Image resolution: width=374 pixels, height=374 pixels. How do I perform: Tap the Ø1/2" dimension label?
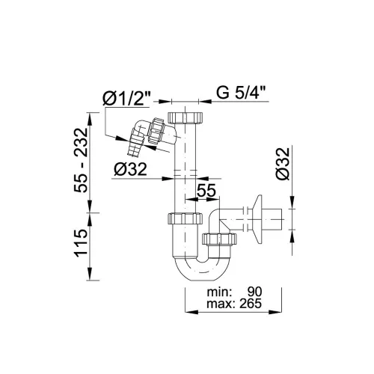click(126, 98)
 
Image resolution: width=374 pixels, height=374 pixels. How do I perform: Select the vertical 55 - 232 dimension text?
click(81, 160)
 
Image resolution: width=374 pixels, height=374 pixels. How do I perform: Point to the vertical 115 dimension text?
click(81, 243)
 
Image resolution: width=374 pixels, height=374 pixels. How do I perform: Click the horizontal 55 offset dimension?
click(206, 191)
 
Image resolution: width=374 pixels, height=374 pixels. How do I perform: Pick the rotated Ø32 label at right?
click(283, 164)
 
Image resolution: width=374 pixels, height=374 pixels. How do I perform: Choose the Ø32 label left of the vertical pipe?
click(130, 169)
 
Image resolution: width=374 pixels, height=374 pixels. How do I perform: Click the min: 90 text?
click(234, 292)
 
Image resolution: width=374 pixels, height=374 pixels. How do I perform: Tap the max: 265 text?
click(234, 304)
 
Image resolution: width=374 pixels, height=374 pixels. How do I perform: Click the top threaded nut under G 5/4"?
click(186, 117)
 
